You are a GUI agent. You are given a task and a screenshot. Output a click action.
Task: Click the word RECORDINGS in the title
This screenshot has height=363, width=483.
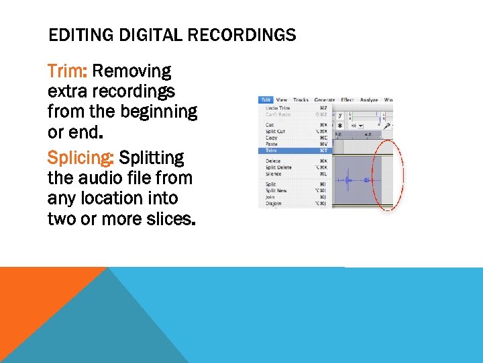(246, 35)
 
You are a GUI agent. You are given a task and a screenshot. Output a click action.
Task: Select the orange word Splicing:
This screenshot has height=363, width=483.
(81, 158)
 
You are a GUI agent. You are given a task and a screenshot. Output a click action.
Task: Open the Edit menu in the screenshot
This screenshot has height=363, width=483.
(266, 99)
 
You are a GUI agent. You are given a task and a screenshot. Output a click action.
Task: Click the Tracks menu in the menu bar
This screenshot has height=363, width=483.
(301, 99)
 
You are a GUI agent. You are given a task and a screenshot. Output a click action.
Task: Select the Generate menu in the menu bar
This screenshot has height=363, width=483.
(325, 99)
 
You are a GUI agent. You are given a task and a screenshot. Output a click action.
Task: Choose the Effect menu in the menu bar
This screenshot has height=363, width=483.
(347, 99)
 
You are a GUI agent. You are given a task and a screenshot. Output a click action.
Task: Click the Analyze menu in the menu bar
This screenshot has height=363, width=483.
(369, 99)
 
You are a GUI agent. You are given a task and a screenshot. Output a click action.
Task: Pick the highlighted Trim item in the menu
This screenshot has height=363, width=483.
(272, 150)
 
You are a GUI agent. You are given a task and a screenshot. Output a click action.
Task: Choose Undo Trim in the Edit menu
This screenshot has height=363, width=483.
(277, 108)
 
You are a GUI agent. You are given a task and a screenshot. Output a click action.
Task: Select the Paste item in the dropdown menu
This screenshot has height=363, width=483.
(272, 144)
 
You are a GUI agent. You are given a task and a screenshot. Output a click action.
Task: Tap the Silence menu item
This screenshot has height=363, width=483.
(274, 173)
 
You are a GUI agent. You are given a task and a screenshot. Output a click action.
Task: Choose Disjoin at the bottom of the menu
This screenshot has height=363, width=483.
(273, 203)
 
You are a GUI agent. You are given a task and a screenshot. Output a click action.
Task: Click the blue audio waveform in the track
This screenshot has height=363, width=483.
(349, 180)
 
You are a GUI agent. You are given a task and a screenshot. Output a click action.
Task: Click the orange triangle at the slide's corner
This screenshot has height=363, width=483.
(34, 296)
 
